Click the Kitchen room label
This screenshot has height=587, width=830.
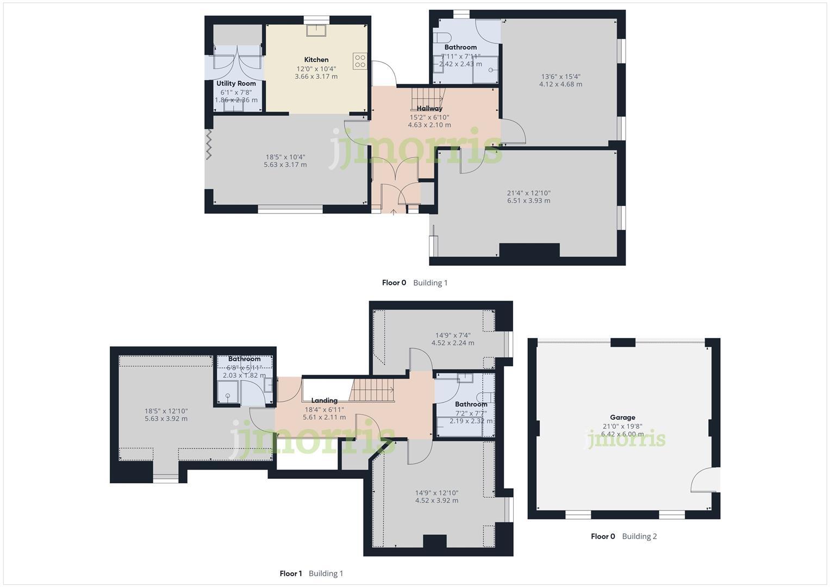tap(316, 60)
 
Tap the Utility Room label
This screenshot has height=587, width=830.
tap(236, 84)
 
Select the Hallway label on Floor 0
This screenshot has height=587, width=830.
tap(429, 109)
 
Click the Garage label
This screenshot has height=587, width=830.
tap(622, 417)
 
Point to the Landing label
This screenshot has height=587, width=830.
tap(324, 401)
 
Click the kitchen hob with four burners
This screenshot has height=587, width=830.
tap(360, 60)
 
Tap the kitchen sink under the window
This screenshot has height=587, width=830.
tap(316, 30)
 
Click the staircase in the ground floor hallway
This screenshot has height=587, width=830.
tap(427, 98)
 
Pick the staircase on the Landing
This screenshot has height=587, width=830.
tap(372, 390)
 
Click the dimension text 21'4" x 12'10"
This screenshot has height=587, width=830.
tap(528, 193)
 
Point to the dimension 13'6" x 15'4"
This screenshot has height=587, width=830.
tap(560, 77)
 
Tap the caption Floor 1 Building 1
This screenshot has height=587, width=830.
tap(311, 573)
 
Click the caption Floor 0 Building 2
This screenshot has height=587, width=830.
tap(623, 536)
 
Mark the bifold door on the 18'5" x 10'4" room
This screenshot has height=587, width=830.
tap(208, 145)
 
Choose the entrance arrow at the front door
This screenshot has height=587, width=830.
tap(394, 211)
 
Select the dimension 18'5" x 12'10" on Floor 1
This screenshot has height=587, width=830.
tap(166, 411)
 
